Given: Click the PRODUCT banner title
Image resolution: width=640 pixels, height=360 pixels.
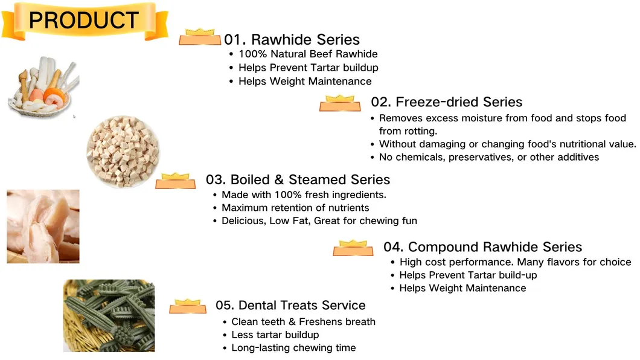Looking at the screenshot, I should (84, 21).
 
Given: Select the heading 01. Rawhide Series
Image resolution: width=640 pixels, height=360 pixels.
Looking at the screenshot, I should (292, 40).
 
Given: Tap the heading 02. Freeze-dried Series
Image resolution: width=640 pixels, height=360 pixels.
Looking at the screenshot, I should (446, 102).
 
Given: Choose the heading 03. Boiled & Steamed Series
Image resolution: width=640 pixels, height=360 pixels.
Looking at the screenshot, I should (298, 179).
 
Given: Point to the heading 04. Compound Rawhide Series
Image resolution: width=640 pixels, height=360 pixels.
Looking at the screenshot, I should (482, 247).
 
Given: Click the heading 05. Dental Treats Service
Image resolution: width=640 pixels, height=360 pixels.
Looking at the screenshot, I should (290, 305).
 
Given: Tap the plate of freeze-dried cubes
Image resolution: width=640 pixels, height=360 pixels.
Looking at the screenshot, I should (123, 152).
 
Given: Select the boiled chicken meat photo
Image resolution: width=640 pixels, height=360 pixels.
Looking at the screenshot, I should (43, 227).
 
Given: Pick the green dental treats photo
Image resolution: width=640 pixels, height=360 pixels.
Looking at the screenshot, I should (109, 315).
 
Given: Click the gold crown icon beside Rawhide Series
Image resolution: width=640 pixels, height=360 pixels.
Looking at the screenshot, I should (200, 37).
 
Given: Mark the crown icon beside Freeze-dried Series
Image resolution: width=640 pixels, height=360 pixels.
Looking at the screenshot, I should (340, 103).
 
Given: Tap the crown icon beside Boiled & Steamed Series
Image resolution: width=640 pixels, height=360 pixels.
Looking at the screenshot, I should (176, 181).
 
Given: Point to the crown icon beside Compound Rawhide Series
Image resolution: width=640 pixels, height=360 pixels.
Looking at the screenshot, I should (353, 248).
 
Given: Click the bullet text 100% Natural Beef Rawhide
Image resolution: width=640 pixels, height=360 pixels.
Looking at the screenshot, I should (308, 54).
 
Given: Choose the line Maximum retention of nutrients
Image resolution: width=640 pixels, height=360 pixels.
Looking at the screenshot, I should (295, 208).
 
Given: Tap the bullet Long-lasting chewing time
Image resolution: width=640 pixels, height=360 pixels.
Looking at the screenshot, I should (293, 348).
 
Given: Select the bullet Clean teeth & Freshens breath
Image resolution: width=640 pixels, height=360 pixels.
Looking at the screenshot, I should (303, 322).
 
